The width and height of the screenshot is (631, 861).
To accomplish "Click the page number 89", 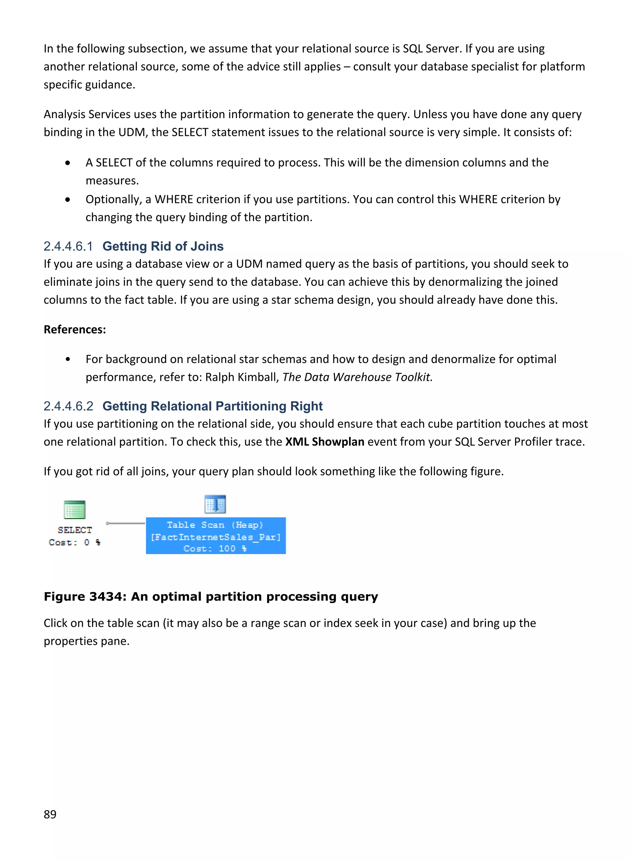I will point(50,814).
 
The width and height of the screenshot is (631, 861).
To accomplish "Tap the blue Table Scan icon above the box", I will point(215,504).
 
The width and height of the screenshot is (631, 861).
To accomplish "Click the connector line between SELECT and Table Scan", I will point(126,523).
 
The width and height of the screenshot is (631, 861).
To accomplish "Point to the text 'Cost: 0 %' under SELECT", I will point(75,542).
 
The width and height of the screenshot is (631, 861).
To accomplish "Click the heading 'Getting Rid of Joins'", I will point(163,247).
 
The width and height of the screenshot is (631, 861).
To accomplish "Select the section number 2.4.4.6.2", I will point(68,406).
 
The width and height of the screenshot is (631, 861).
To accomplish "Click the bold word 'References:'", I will point(75,329).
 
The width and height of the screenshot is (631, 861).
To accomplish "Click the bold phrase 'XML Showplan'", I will point(325,442).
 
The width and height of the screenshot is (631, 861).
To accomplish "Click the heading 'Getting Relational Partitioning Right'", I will point(212,406).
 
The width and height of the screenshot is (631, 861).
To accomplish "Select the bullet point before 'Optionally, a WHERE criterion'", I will point(67,199).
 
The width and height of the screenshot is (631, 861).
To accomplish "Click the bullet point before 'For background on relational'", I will point(67,359).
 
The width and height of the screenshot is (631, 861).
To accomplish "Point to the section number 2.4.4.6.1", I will point(68,247).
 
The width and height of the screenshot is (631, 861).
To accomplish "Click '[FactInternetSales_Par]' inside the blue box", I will point(215,537).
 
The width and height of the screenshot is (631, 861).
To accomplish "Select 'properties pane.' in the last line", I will point(87,641).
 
